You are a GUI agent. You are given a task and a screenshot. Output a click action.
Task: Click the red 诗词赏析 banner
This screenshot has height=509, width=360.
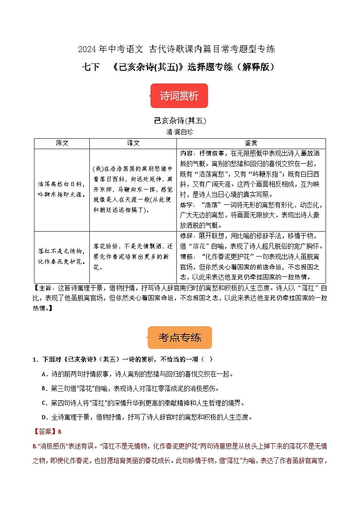click(x=179, y=96)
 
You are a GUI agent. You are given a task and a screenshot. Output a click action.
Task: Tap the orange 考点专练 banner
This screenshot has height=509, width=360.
click(x=180, y=337)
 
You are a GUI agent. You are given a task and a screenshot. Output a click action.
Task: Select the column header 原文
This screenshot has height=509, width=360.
click(x=62, y=143)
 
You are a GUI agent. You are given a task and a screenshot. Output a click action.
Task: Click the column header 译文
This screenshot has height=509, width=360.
click(x=133, y=143)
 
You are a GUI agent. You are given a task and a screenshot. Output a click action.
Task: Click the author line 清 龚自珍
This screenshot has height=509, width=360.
click(x=180, y=132)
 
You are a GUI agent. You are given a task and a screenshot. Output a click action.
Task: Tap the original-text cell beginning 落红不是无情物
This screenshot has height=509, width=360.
click(x=62, y=256)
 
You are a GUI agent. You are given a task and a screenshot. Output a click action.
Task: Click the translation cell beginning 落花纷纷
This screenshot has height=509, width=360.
click(x=133, y=257)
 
